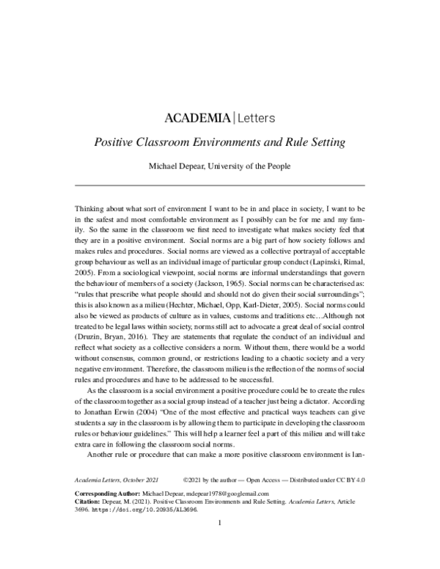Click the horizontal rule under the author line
click(x=220, y=184)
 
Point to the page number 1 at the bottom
click(x=220, y=524)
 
